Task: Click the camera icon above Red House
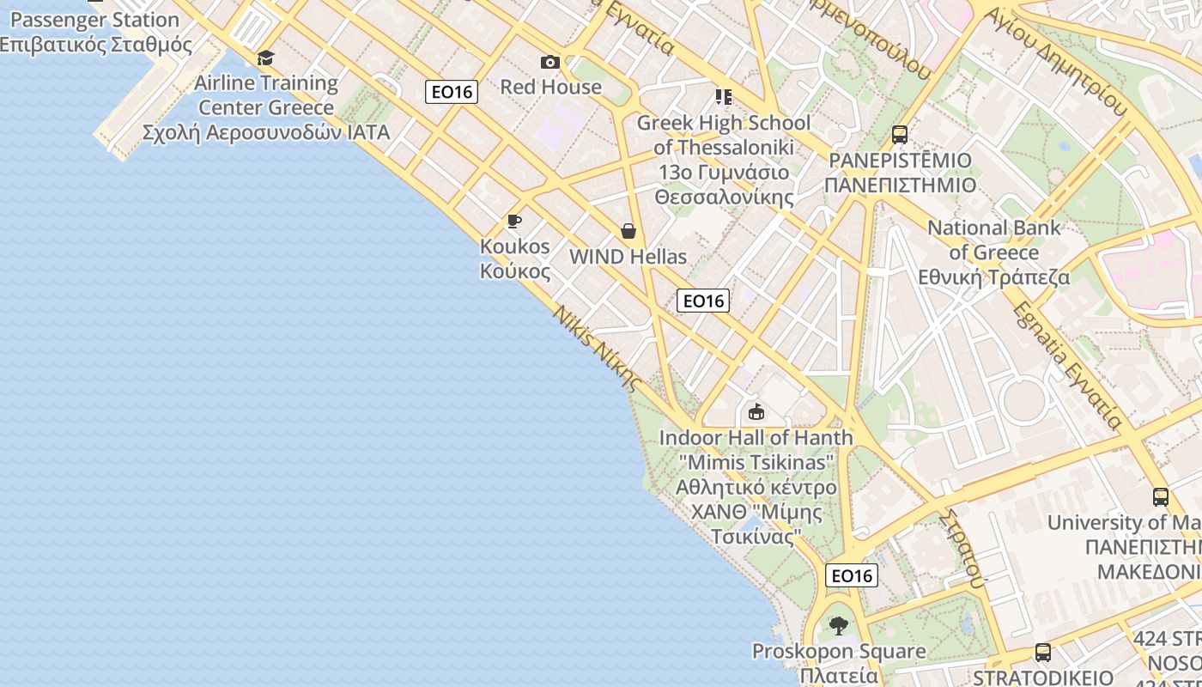coord(550,62)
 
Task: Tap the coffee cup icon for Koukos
coord(514,222)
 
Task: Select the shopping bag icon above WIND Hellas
coord(628,231)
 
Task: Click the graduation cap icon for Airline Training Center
coord(266,58)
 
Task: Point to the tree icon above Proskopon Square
coord(839,625)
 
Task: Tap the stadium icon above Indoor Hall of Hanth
coord(756,412)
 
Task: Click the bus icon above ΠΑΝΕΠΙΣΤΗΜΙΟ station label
coord(900,135)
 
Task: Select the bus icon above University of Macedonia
coord(1160,496)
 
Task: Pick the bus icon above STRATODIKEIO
coord(1042,653)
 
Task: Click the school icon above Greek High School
coord(723,97)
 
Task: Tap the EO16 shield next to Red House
coord(452,92)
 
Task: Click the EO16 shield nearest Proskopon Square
coord(852,575)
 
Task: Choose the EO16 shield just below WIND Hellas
coord(703,301)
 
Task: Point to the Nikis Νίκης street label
coord(598,349)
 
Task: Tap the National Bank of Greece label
coord(994,252)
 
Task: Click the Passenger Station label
coord(90,20)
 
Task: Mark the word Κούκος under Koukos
coord(515,271)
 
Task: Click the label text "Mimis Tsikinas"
coord(756,463)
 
